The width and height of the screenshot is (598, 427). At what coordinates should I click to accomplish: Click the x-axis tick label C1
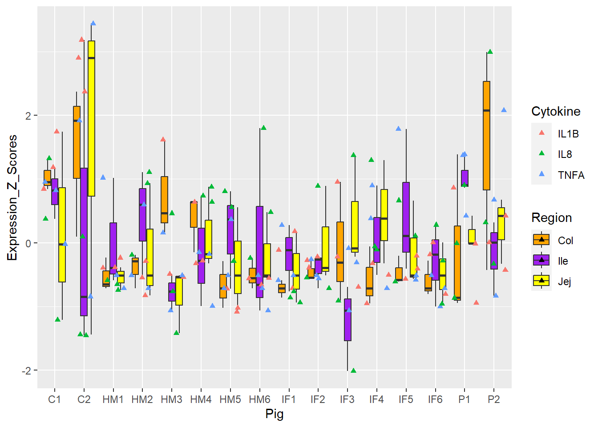(54, 399)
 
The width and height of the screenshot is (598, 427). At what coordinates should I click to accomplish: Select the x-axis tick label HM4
(201, 399)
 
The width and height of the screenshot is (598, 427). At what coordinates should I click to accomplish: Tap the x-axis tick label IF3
(347, 399)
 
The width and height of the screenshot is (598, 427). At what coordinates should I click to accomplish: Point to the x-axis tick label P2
(493, 399)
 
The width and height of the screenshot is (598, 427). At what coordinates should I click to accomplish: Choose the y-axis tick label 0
(28, 243)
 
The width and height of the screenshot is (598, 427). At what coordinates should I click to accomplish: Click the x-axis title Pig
(275, 414)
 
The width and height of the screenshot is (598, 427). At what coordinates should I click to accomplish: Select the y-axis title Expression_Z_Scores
(12, 198)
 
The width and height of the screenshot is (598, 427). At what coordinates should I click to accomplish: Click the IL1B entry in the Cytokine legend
(568, 133)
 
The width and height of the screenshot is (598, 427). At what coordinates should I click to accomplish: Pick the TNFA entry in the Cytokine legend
(571, 175)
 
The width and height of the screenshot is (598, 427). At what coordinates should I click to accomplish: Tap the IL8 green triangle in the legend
(541, 153)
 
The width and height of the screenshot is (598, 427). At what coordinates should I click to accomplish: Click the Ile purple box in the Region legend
(541, 261)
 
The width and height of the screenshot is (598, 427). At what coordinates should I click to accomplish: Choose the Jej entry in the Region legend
(564, 282)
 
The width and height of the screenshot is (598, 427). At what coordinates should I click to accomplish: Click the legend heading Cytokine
(556, 111)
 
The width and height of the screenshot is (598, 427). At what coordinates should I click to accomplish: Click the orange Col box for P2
(486, 136)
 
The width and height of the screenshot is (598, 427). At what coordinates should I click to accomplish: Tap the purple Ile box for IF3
(347, 319)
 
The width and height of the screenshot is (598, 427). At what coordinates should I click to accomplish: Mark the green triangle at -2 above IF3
(353, 371)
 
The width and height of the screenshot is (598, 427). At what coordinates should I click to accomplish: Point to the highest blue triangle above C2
(93, 23)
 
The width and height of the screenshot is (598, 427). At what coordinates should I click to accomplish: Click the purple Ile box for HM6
(259, 252)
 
